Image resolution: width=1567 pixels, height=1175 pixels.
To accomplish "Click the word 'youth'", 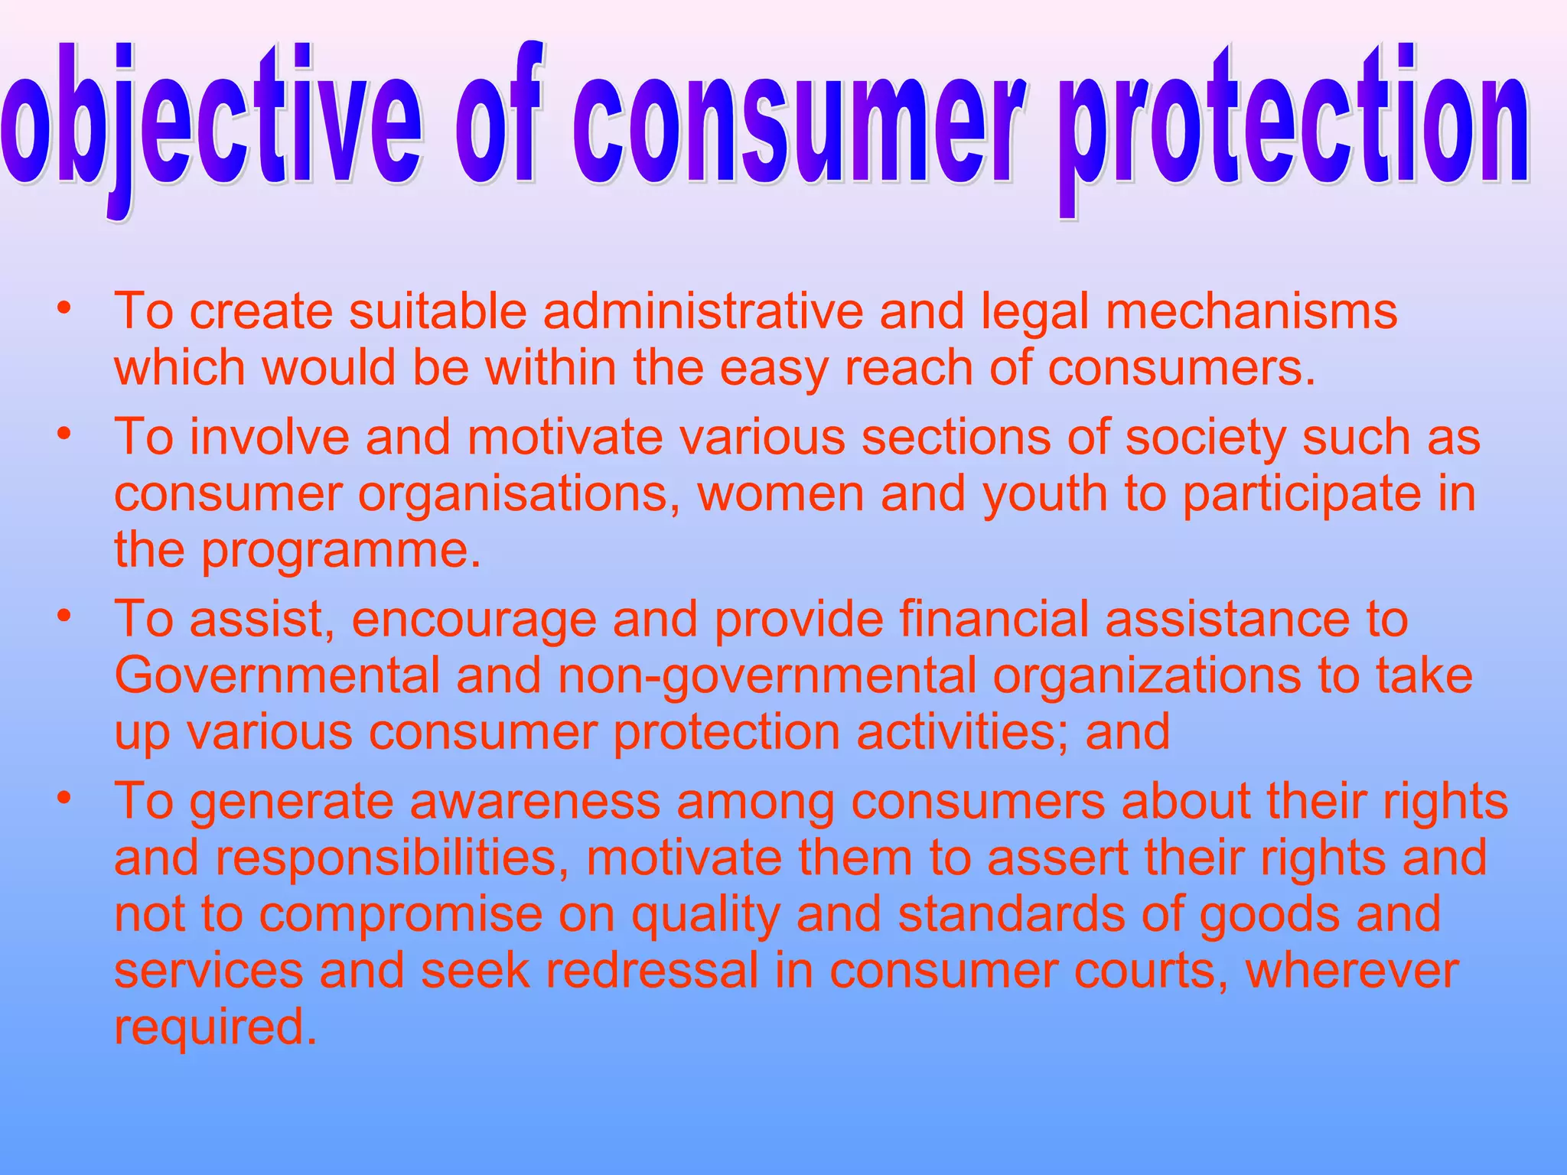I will pos(1044,495).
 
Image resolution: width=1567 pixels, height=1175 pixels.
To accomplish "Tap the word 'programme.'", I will pos(341,551).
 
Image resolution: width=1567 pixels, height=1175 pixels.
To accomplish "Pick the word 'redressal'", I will pos(651,970).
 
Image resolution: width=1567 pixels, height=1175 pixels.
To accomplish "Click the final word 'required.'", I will pos(215,1027).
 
